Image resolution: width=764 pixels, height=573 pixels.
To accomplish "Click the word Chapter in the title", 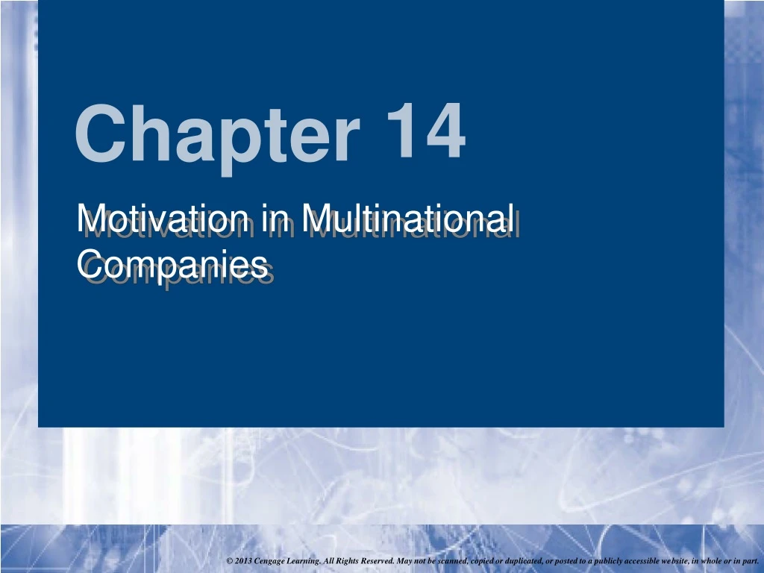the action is (x=217, y=138).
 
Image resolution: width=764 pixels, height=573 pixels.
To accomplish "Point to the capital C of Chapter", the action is (x=101, y=133).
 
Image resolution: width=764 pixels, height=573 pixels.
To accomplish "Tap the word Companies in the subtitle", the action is (x=172, y=266).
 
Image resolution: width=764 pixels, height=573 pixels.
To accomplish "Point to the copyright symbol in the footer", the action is (x=230, y=561).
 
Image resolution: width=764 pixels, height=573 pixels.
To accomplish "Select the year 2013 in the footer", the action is (x=243, y=561).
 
